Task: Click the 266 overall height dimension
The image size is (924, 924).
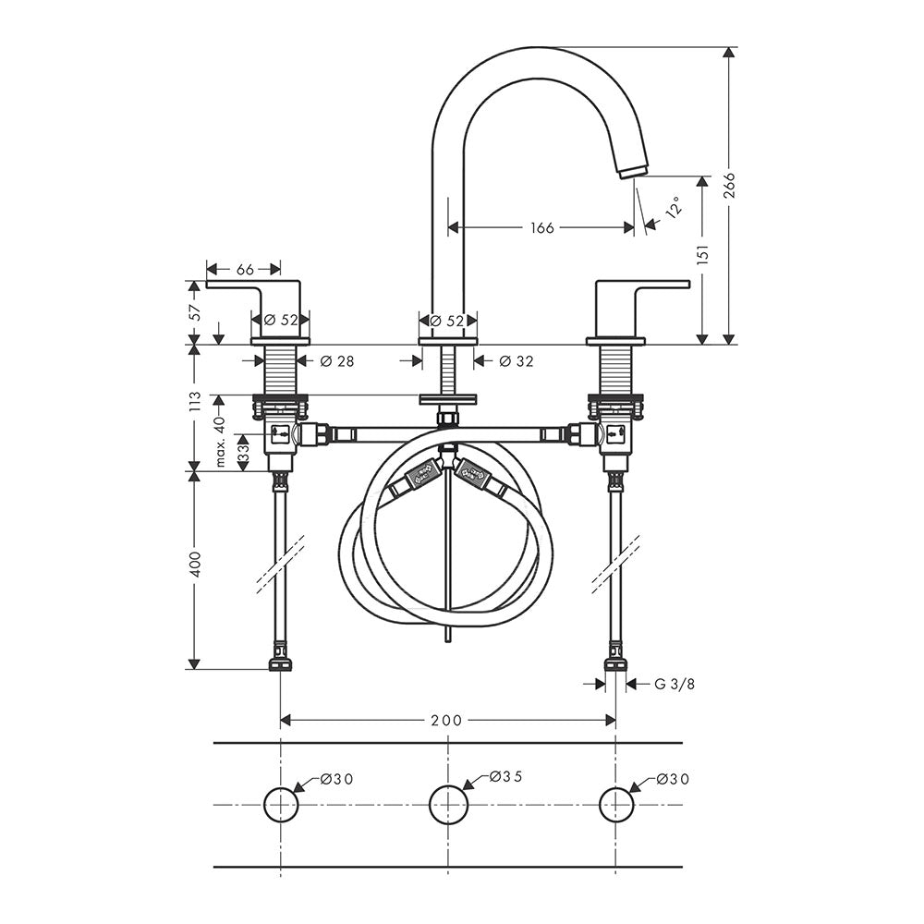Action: (730, 185)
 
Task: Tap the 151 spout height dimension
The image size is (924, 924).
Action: (703, 254)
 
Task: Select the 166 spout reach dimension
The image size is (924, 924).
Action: (542, 227)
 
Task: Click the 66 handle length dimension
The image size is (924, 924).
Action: (245, 269)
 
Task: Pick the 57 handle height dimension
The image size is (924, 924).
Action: (196, 311)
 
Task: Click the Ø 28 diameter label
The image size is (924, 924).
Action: (337, 360)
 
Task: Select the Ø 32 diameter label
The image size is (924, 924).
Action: (517, 360)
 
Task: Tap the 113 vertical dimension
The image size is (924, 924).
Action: (196, 401)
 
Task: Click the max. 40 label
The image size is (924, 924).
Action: (221, 442)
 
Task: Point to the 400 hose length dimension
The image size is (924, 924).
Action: (196, 564)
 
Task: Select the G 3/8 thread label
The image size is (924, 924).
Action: (675, 684)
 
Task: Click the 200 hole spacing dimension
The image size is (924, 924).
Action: (446, 720)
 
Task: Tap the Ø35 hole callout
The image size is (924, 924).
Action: (506, 777)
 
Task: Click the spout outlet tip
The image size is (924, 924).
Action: (633, 171)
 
